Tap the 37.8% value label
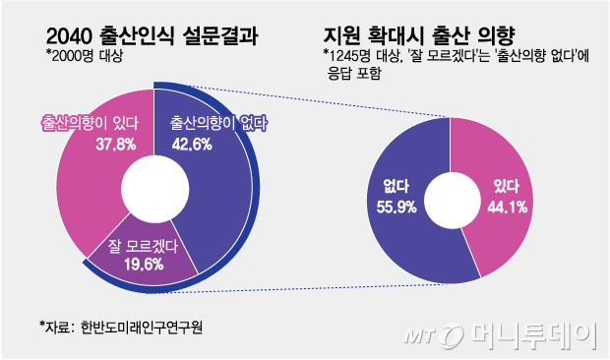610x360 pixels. coord(82,144)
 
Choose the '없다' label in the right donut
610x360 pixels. coord(385,187)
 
